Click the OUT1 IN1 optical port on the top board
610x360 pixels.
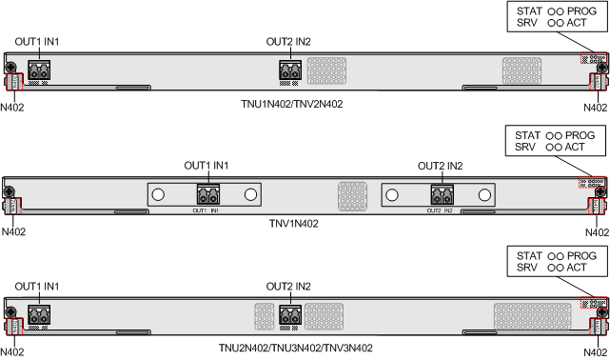click(x=39, y=70)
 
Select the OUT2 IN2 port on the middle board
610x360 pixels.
click(x=442, y=194)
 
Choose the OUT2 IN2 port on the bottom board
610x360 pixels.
click(x=290, y=314)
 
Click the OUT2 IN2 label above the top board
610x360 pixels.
click(x=288, y=41)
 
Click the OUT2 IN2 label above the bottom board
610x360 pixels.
click(x=288, y=286)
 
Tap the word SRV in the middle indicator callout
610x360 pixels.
click(x=525, y=148)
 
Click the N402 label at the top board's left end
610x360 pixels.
click(x=13, y=109)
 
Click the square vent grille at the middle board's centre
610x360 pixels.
click(x=352, y=195)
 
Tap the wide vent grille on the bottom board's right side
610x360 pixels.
click(x=532, y=315)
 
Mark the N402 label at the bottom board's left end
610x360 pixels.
click(x=13, y=352)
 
